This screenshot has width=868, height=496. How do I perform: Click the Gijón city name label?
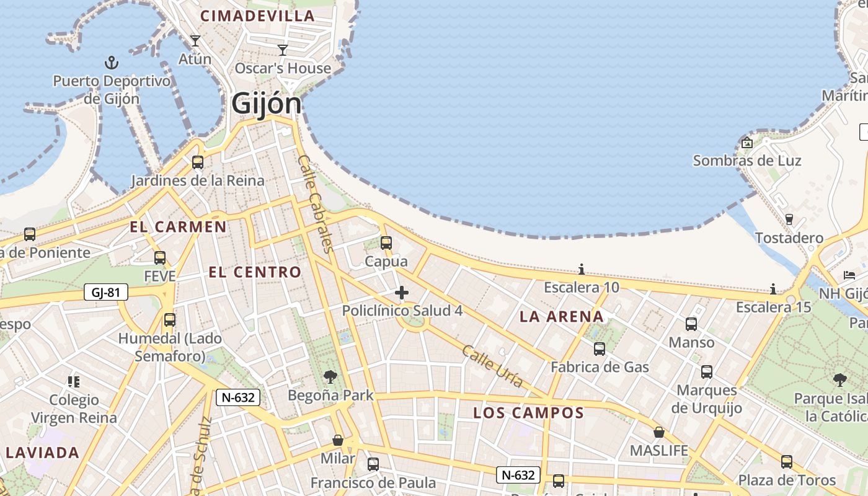(266, 104)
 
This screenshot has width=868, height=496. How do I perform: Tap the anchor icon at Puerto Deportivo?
(112, 63)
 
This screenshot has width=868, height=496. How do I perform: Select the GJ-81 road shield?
(106, 292)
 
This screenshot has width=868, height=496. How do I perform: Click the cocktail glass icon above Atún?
(195, 41)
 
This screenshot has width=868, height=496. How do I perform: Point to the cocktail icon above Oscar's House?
(283, 50)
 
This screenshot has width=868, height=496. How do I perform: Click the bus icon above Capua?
(386, 243)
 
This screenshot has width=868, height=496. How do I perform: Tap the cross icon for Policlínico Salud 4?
(402, 293)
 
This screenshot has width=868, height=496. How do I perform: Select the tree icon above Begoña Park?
(330, 376)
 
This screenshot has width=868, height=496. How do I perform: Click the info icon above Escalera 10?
(582, 269)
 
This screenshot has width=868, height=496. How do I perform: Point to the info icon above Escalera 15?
(773, 289)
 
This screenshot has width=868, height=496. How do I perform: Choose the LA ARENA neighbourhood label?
(561, 317)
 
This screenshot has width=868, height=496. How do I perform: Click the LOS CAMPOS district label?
(528, 413)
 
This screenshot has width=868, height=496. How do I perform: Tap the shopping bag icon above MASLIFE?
(659, 432)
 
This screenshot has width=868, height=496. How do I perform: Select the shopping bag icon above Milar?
(338, 440)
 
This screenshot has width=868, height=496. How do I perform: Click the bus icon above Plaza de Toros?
(787, 462)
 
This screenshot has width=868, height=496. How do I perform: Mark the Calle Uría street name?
(492, 366)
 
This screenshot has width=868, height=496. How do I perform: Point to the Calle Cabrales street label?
(316, 203)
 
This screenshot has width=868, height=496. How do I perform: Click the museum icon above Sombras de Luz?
(747, 143)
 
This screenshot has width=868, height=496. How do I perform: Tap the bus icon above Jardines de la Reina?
(198, 162)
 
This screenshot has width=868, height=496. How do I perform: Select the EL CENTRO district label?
(255, 272)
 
